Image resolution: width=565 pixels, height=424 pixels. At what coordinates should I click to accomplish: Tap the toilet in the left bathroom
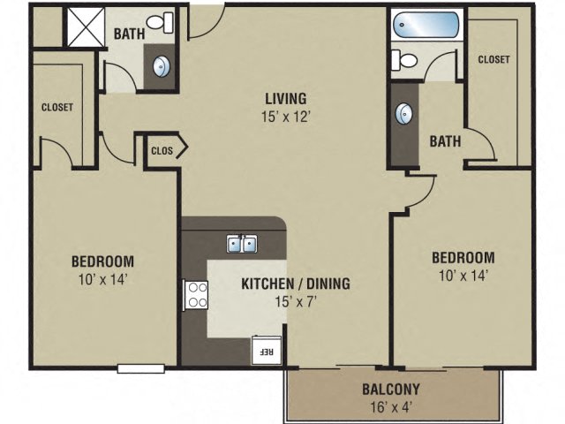[x=161, y=21]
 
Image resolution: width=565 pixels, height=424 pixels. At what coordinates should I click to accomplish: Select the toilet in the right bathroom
[x=405, y=59]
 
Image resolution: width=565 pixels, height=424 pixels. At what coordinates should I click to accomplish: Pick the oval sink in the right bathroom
[x=405, y=113]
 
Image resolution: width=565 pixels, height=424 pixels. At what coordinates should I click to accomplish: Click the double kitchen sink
[x=241, y=243]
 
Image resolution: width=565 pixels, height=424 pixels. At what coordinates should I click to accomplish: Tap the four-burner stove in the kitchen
[x=194, y=294]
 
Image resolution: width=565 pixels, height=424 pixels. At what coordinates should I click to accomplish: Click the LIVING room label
[x=282, y=98]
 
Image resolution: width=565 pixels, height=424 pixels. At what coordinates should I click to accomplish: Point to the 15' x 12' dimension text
[x=282, y=115]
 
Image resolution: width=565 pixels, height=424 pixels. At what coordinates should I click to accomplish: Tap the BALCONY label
[x=390, y=389]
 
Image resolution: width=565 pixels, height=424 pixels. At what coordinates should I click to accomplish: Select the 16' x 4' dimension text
[x=390, y=407]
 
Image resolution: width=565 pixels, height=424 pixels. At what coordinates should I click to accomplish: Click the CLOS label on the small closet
[x=162, y=150]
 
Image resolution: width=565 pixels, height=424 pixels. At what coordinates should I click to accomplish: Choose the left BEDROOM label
[x=102, y=261]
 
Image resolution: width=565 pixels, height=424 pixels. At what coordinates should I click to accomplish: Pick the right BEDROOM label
[x=463, y=258]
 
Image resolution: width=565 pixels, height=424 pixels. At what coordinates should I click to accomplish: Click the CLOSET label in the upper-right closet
[x=493, y=59]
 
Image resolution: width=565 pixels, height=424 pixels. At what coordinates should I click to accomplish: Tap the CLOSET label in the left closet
[x=56, y=108]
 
